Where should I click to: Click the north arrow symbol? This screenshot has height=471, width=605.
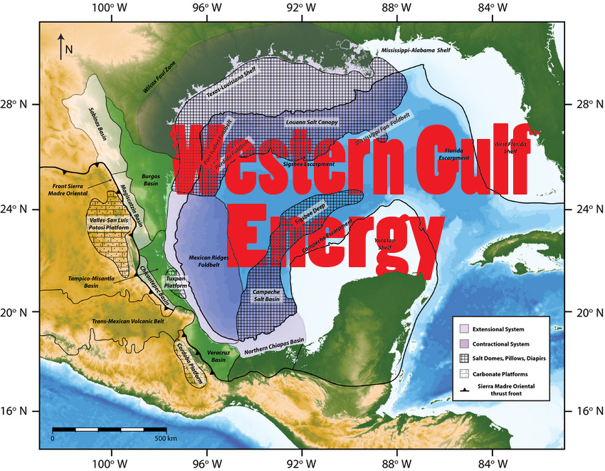[61, 43]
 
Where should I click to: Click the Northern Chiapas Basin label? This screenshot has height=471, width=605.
[274, 346]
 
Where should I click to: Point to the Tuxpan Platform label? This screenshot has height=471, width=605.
[171, 280]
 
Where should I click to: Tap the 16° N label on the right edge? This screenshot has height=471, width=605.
[584, 411]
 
